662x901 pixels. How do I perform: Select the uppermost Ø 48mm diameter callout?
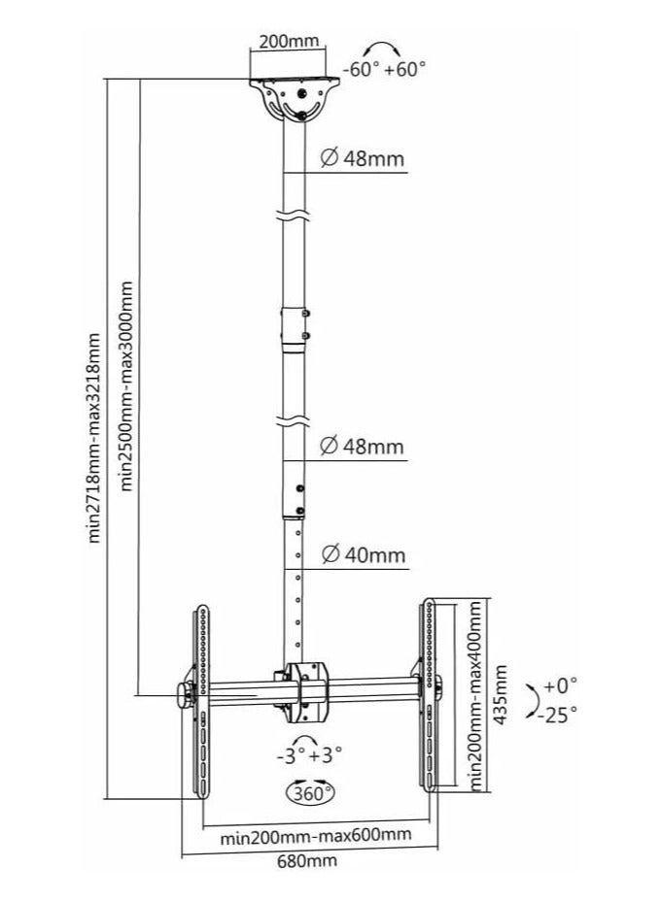tap(361, 159)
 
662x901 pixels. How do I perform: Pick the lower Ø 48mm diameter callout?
tap(361, 447)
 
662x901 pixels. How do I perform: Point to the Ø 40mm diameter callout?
tap(362, 555)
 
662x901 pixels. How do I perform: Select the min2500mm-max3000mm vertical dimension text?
tap(124, 386)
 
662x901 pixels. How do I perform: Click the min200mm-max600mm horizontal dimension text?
tap(315, 834)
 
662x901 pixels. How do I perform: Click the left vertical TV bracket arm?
tap(201, 699)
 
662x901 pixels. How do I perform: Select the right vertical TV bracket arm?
tap(427, 694)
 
